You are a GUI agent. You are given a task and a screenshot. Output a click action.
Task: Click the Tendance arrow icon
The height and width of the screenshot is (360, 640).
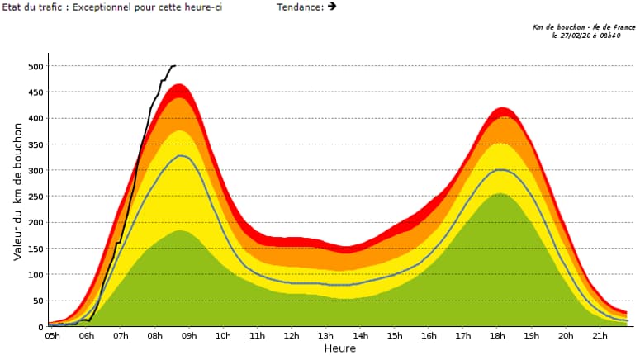pos(332,6)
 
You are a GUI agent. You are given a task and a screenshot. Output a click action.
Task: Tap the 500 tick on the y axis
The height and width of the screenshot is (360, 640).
pos(35,66)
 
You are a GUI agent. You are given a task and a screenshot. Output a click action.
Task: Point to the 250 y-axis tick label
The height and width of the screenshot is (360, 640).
pos(35,197)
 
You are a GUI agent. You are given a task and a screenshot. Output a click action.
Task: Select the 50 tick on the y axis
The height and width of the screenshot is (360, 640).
pos(37,301)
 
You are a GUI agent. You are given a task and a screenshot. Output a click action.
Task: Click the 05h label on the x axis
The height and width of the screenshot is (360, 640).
pos(53,336)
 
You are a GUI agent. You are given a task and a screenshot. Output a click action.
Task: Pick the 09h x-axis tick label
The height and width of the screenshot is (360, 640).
pos(189,336)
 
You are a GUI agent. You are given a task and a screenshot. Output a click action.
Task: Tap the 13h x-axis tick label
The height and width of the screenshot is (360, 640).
pos(325,336)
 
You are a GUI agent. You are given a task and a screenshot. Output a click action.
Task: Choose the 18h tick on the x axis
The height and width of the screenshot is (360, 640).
pos(497,336)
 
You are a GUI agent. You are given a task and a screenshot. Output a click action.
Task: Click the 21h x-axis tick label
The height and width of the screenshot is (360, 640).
pos(600,336)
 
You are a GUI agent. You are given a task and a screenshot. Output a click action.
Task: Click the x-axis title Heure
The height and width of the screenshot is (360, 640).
pos(340,348)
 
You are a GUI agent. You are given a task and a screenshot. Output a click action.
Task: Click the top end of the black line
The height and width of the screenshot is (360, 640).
pos(174,65)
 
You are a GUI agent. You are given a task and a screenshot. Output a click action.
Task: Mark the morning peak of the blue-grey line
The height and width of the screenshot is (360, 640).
pos(182,155)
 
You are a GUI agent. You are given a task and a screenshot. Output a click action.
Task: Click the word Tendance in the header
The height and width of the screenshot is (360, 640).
pos(299,7)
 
